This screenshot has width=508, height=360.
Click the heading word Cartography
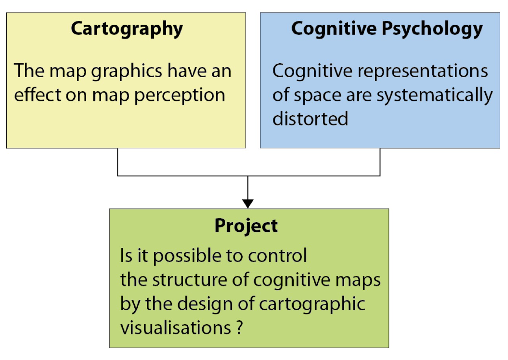127,29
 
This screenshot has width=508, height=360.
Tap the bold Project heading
246,226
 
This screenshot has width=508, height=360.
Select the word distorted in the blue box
310,118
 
